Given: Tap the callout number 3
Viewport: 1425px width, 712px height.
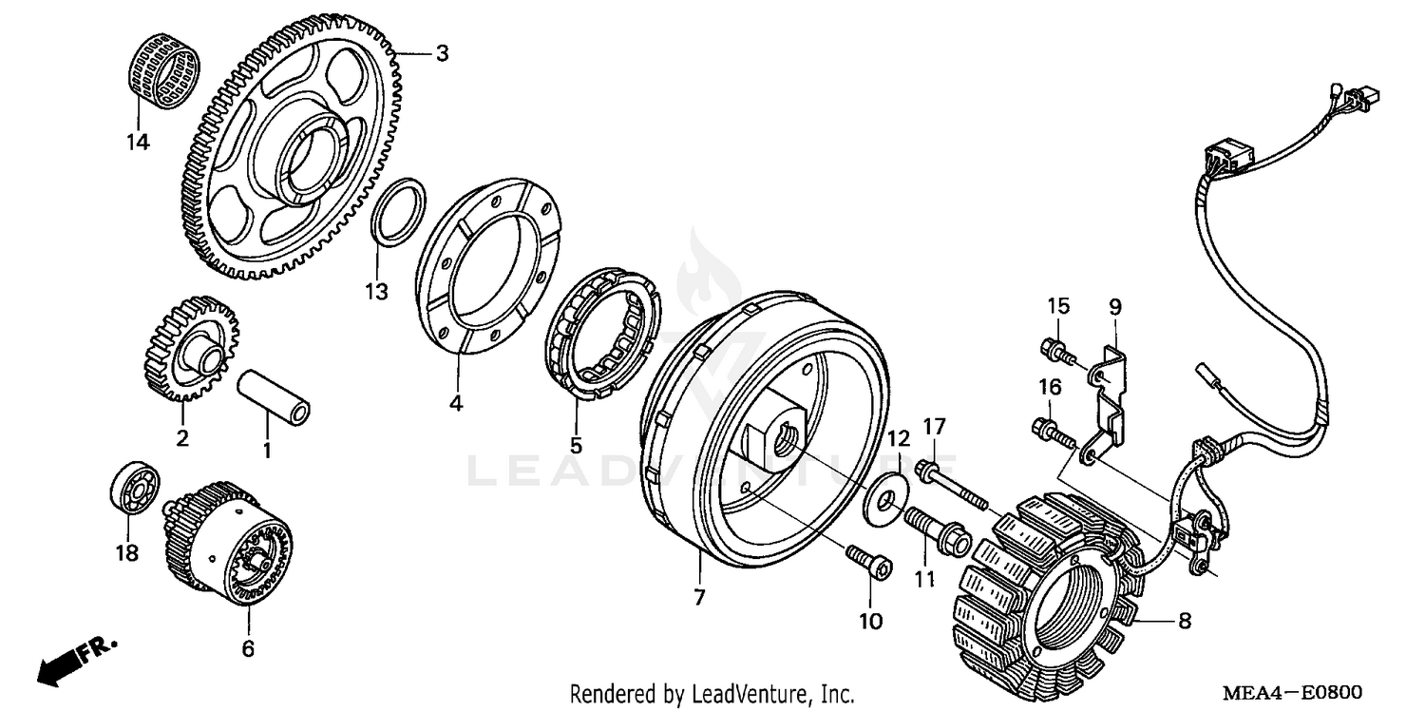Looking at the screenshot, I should [x=442, y=53].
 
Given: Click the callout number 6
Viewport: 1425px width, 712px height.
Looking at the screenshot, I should [x=248, y=648].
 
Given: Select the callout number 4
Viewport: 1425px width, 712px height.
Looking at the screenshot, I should [x=456, y=403].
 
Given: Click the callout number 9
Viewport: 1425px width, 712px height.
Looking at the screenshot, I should [x=1115, y=306].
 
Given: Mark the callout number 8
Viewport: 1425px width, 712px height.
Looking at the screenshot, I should [x=1185, y=622].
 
